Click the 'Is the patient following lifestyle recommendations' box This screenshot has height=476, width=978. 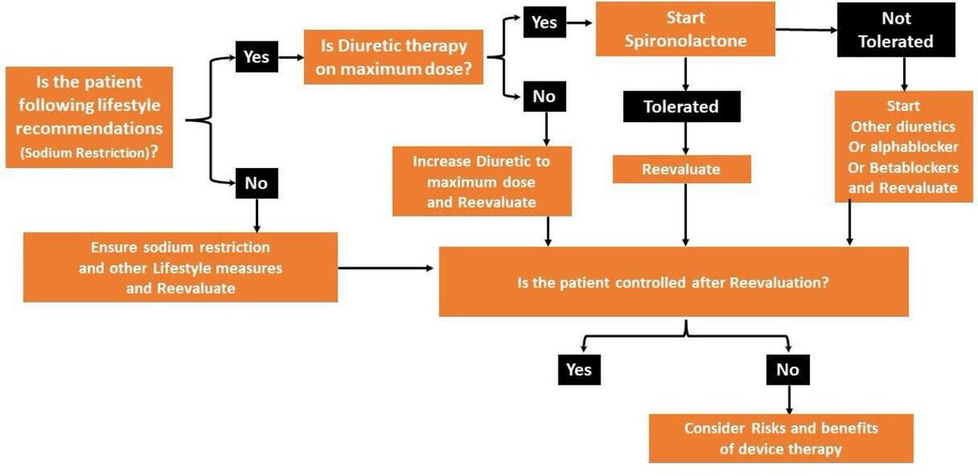[x=89, y=117]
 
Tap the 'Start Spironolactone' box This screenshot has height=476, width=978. [x=685, y=29]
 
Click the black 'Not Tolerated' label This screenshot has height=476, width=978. [x=896, y=29]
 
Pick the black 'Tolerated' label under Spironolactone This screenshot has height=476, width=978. [x=681, y=106]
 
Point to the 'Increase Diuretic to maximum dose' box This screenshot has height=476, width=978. [x=482, y=181]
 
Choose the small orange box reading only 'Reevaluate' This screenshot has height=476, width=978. [x=681, y=170]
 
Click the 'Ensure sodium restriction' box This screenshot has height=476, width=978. [x=180, y=267]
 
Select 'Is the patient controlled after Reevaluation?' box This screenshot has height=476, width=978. [x=673, y=282]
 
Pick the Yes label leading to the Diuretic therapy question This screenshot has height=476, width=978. [x=257, y=57]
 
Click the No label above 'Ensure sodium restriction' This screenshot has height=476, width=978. [x=256, y=183]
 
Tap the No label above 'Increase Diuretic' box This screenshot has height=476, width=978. [x=544, y=97]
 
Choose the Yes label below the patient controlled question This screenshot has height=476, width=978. [x=579, y=369]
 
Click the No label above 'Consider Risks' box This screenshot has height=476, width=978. [x=788, y=369]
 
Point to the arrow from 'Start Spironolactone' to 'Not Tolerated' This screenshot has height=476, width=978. [x=805, y=30]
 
